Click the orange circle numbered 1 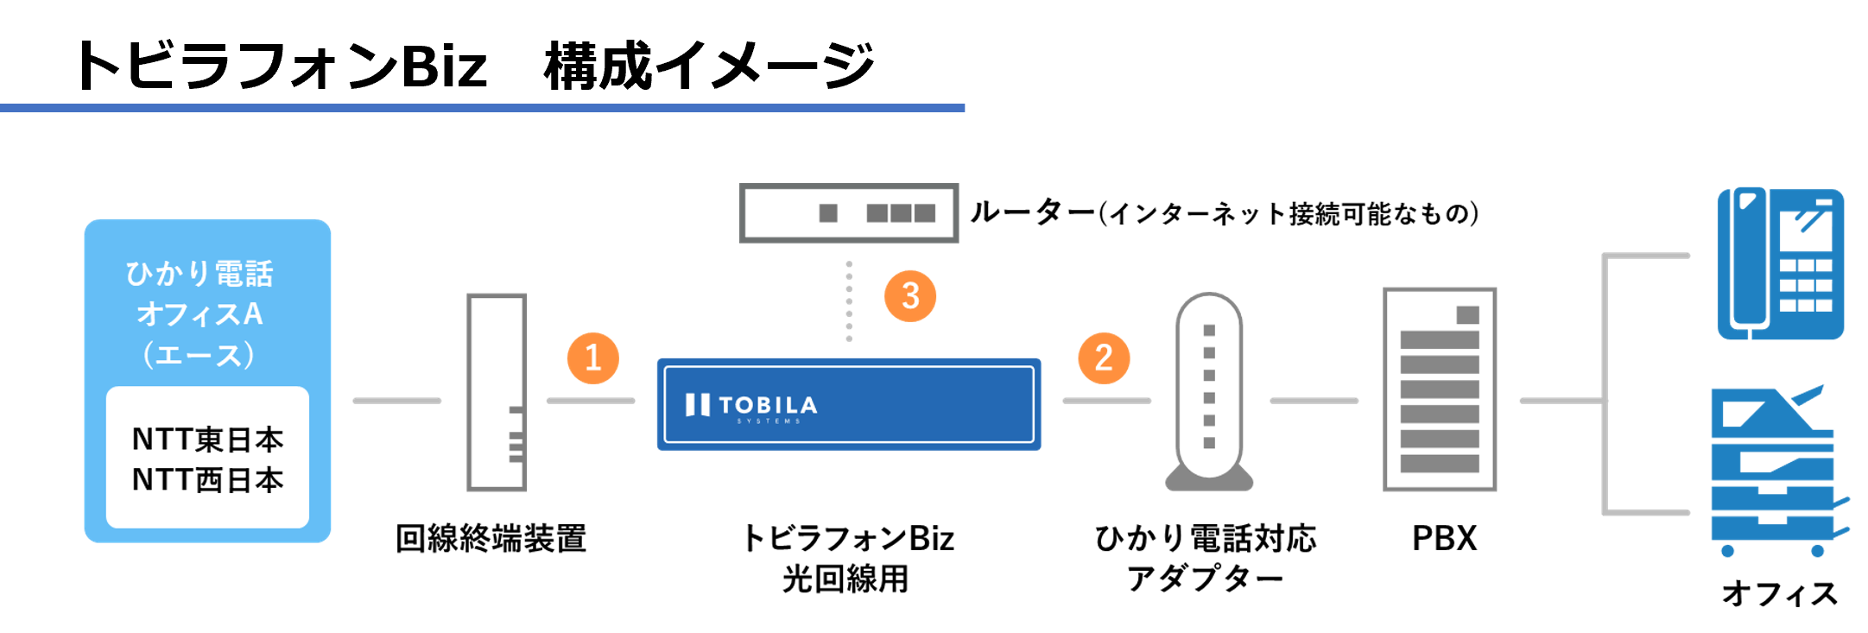[x=592, y=358]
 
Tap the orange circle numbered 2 [x=1103, y=358]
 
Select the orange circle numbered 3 [x=910, y=296]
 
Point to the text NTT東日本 [x=207, y=440]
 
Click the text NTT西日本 [x=207, y=479]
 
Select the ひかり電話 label [x=199, y=274]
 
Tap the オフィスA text [x=199, y=314]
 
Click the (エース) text [x=199, y=355]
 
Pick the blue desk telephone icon [x=1781, y=263]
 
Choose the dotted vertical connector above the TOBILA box [x=849, y=301]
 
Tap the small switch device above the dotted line [x=849, y=212]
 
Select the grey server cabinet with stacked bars [x=1440, y=389]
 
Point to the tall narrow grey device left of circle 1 [x=497, y=392]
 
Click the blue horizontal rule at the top [x=482, y=108]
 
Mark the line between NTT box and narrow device [x=397, y=401]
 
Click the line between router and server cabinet [x=1314, y=401]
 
